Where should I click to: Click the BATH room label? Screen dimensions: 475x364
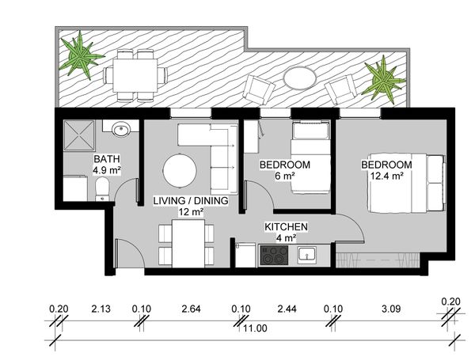pyautogui.click(x=107, y=159)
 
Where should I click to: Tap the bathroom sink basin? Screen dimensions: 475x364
pyautogui.click(x=122, y=129)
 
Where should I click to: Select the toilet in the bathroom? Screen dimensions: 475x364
pyautogui.click(x=102, y=189)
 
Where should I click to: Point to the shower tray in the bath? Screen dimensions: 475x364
pyautogui.click(x=79, y=135)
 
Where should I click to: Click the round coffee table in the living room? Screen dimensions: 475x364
pyautogui.click(x=180, y=171)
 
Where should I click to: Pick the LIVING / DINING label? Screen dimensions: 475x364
pyautogui.click(x=191, y=200)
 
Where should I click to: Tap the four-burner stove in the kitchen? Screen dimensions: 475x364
pyautogui.click(x=274, y=255)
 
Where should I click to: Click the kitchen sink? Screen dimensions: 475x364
pyautogui.click(x=307, y=253)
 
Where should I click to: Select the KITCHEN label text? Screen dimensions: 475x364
pyautogui.click(x=287, y=226)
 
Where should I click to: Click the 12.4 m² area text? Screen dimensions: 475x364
pyautogui.click(x=386, y=176)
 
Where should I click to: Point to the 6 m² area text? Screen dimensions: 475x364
pyautogui.click(x=285, y=176)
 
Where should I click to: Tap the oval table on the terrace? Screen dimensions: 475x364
pyautogui.click(x=300, y=78)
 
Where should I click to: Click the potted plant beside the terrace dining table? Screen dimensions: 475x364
pyautogui.click(x=80, y=55)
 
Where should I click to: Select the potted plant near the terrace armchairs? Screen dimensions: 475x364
pyautogui.click(x=383, y=79)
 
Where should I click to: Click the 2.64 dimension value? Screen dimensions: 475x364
pyautogui.click(x=191, y=309)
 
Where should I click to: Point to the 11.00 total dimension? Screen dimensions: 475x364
pyautogui.click(x=255, y=328)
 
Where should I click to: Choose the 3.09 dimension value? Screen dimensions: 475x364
pyautogui.click(x=391, y=309)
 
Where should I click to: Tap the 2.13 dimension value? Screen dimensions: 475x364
pyautogui.click(x=101, y=309)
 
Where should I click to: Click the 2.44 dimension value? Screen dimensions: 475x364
pyautogui.click(x=287, y=309)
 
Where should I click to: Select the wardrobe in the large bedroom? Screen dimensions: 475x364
pyautogui.click(x=378, y=260)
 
